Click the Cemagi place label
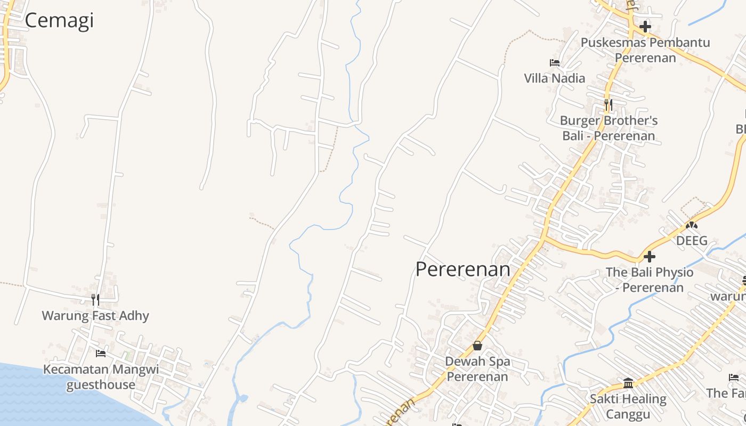59,20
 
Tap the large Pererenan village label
463,269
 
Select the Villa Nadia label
554,78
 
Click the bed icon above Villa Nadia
554,63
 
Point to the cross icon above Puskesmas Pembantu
645,26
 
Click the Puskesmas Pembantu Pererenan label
645,50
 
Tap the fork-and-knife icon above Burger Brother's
608,104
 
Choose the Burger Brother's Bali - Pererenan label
609,128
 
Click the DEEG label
692,241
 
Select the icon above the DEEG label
692,225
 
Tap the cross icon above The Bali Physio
649,257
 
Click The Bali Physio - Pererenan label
650,280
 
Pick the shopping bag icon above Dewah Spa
477,346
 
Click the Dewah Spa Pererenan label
477,368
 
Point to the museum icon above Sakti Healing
628,383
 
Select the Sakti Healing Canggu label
628,406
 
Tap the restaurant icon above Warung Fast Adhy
95,300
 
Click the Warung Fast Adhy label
95,316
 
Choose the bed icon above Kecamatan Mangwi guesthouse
100,354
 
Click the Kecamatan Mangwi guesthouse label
101,377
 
